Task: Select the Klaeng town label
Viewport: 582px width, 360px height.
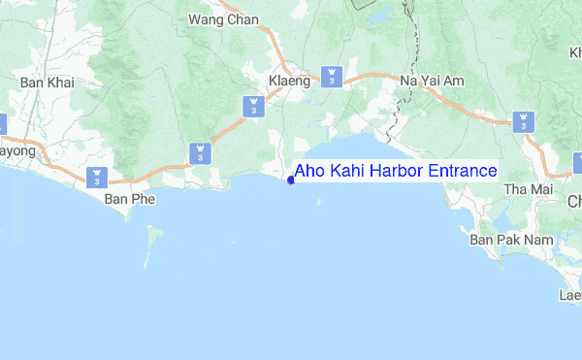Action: click(289, 82)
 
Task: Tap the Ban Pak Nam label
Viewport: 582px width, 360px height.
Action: click(501, 238)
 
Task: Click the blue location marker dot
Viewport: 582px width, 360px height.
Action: click(291, 179)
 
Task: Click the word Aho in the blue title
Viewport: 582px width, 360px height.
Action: click(311, 171)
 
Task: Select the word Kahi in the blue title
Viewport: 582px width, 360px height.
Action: click(350, 171)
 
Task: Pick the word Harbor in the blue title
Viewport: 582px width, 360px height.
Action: click(401, 171)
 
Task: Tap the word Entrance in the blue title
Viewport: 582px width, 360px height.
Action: click(463, 171)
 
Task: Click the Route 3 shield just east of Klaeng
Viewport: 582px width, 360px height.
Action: click(333, 76)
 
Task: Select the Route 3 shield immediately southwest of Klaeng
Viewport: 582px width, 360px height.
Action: click(253, 106)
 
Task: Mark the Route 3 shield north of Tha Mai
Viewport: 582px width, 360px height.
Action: click(523, 121)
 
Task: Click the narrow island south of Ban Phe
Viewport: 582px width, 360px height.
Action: click(149, 243)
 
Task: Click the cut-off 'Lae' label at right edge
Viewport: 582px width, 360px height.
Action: click(570, 294)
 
